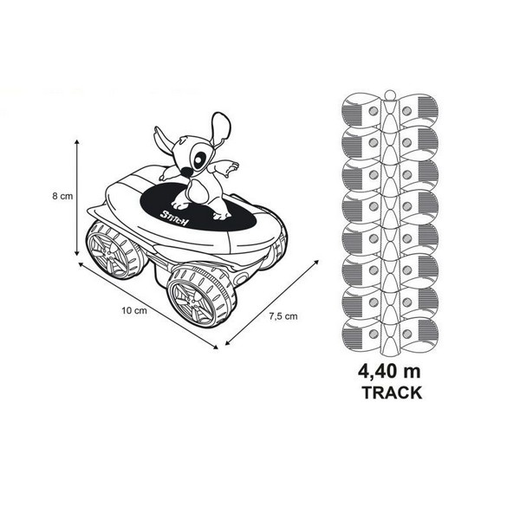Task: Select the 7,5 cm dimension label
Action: pyautogui.click(x=283, y=315)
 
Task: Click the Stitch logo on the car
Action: pyautogui.click(x=176, y=212)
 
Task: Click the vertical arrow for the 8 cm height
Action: pyautogui.click(x=78, y=197)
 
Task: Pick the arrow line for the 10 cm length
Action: pyautogui.click(x=147, y=303)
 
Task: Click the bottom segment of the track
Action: pyautogui.click(x=389, y=334)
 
